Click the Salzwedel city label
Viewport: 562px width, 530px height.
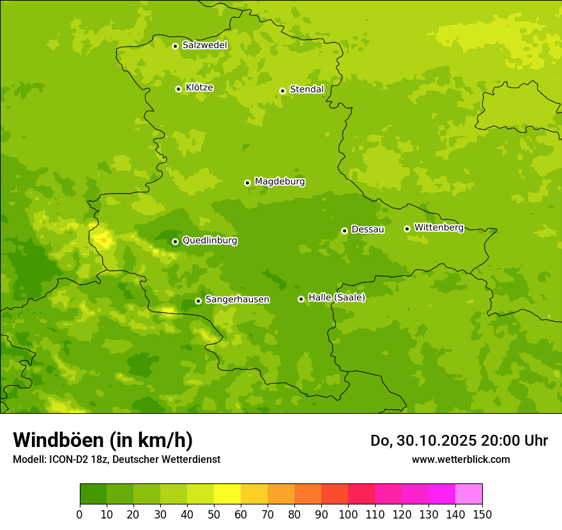(204, 45)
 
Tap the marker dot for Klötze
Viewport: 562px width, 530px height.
(178, 89)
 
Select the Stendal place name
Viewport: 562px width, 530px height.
(307, 89)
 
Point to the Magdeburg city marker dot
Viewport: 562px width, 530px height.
(247, 183)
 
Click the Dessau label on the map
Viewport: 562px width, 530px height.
(368, 229)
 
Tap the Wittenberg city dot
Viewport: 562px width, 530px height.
(407, 229)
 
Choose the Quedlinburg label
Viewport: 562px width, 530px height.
(209, 241)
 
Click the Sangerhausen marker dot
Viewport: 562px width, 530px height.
(198, 301)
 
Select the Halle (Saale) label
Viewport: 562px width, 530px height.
(337, 298)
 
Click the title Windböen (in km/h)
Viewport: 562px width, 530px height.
(103, 440)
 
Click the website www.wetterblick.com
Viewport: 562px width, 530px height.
(460, 459)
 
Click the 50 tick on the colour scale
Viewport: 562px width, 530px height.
(214, 514)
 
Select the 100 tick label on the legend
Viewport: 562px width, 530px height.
(348, 514)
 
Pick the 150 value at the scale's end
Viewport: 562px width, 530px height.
(482, 514)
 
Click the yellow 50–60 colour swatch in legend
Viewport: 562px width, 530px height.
(227, 494)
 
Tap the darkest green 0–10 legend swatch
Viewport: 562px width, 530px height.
(93, 494)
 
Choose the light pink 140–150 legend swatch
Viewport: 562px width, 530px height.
(469, 494)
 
